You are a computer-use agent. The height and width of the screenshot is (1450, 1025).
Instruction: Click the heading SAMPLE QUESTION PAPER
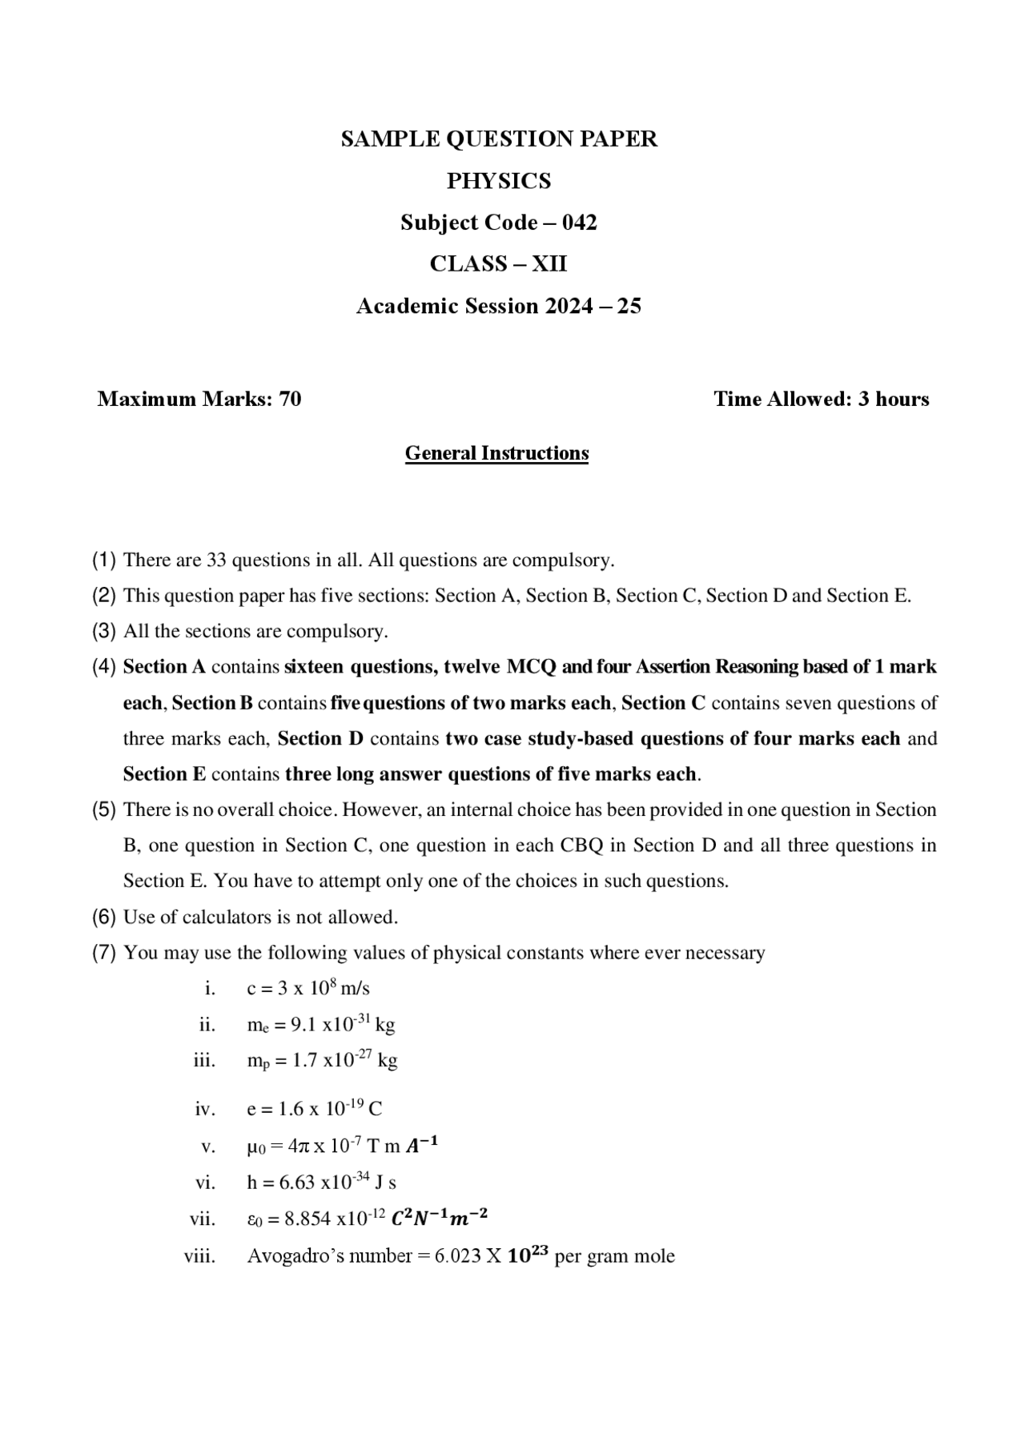click(x=499, y=139)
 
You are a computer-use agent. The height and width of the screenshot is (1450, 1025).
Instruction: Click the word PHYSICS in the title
click(x=499, y=181)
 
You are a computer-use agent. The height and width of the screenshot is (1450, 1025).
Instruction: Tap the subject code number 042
click(x=579, y=223)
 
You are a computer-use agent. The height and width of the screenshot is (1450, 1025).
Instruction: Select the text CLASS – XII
click(x=498, y=264)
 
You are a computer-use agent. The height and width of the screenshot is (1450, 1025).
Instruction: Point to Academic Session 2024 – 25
click(x=498, y=307)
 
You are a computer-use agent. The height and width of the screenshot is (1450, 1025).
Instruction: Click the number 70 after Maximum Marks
click(x=290, y=400)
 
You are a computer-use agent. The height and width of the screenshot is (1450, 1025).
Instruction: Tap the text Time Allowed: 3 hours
click(x=821, y=400)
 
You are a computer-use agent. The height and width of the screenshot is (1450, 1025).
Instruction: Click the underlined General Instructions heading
click(x=496, y=453)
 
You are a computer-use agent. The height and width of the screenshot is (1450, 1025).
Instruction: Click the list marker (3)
click(x=104, y=632)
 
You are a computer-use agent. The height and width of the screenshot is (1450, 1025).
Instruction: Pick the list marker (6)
click(x=104, y=918)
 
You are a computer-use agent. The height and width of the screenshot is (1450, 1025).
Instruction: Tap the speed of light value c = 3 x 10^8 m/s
click(x=308, y=989)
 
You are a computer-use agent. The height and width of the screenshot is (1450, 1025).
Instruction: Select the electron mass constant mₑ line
click(x=320, y=1025)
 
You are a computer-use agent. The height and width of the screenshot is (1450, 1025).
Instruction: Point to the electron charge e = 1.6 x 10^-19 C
click(x=314, y=1110)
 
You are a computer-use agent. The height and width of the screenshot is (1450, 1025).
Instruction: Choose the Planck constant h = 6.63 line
click(x=321, y=1183)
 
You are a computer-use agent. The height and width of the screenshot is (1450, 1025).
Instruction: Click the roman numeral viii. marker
click(x=200, y=1256)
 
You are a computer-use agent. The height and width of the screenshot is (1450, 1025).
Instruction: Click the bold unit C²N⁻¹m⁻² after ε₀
click(x=439, y=1219)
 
